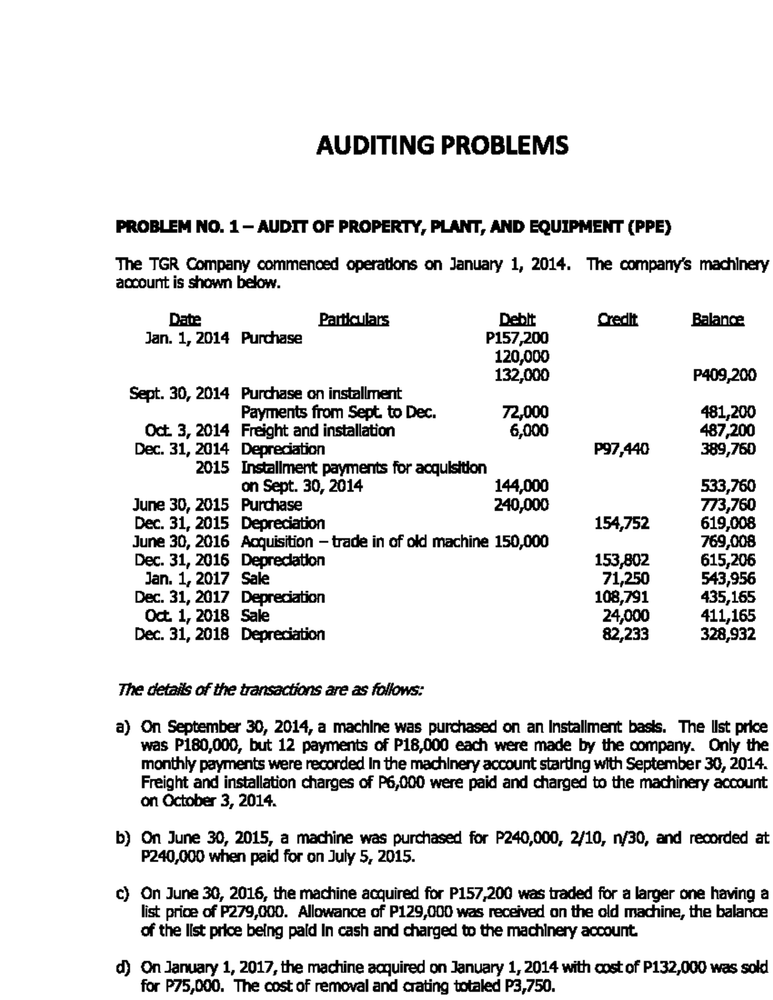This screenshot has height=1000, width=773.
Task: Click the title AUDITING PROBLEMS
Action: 443,146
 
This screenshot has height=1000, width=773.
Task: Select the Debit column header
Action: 517,319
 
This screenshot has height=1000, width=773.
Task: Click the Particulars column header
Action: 354,319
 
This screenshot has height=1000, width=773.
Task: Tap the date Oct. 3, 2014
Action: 187,430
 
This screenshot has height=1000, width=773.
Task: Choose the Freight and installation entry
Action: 318,430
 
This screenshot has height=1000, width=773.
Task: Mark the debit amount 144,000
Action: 520,486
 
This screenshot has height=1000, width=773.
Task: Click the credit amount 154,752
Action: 622,523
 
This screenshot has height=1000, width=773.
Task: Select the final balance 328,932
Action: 728,634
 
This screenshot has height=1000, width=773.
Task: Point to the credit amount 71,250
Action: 624,578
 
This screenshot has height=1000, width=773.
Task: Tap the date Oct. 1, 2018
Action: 187,616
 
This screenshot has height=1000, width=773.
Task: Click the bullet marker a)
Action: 123,728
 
